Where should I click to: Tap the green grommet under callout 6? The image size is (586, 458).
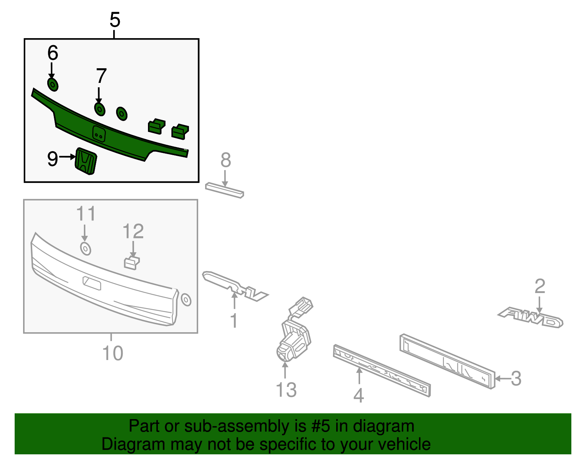[x=53, y=84]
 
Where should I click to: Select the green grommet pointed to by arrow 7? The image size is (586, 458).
[x=100, y=109]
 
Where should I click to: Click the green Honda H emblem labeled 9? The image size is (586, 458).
[x=86, y=161]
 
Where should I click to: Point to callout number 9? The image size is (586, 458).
[x=52, y=159]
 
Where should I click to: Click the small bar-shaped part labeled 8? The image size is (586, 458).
[x=224, y=190]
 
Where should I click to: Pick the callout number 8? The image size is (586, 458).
[x=226, y=160]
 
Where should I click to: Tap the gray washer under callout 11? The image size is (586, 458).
[x=85, y=249]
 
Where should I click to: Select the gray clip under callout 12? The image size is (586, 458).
[x=131, y=263]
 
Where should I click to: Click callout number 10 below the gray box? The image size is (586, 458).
[x=112, y=353]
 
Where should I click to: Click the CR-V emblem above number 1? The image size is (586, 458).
[x=234, y=286]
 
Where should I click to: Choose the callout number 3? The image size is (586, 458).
[x=516, y=378]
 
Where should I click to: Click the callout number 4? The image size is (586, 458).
[x=359, y=395]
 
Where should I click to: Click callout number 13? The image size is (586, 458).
[x=286, y=390]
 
